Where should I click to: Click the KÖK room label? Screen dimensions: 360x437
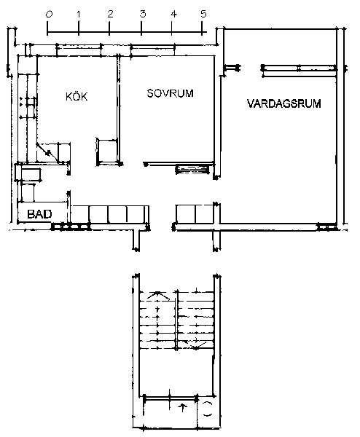click(77, 96)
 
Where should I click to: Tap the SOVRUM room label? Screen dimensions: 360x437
click(170, 93)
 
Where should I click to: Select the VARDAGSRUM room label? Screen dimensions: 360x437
click(284, 103)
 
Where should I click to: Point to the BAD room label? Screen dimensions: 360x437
click(39, 214)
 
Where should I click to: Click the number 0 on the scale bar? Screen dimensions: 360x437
click(49, 15)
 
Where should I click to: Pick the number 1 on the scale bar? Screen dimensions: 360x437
click(79, 15)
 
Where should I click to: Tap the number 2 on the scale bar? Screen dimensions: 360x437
click(111, 14)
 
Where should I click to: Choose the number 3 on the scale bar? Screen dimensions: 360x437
click(143, 14)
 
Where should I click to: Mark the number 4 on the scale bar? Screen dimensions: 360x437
click(173, 14)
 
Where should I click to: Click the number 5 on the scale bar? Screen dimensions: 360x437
click(203, 14)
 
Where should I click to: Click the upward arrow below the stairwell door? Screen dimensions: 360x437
click(183, 407)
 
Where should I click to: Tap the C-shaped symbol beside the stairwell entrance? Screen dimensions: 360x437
click(208, 409)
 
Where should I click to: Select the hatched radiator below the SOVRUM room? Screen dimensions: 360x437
click(192, 170)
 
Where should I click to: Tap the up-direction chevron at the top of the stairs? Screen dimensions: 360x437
click(158, 296)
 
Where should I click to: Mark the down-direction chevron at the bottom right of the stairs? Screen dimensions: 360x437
click(196, 345)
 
